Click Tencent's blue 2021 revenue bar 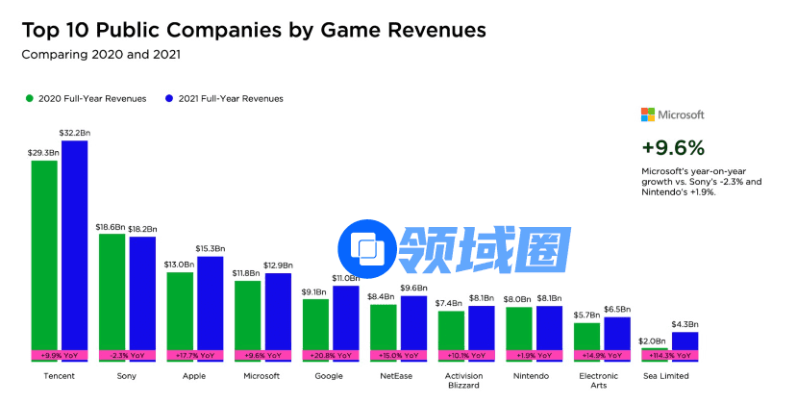pyautogui.click(x=74, y=245)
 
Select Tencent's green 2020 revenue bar pyautogui.click(x=44, y=255)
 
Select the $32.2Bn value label pyautogui.click(x=75, y=132)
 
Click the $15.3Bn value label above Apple pyautogui.click(x=210, y=248)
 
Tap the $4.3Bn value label pyautogui.click(x=685, y=324)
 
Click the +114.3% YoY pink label pyautogui.click(x=668, y=355)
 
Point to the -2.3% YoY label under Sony pyautogui.click(x=127, y=355)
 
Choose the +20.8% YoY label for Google pyautogui.click(x=329, y=355)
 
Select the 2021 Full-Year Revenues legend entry pyautogui.click(x=229, y=98)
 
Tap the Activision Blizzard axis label pyautogui.click(x=464, y=381)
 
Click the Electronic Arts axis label pyautogui.click(x=600, y=381)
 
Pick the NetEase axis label pyautogui.click(x=397, y=376)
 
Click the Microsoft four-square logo pyautogui.click(x=648, y=114)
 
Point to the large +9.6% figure pyautogui.click(x=673, y=147)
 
